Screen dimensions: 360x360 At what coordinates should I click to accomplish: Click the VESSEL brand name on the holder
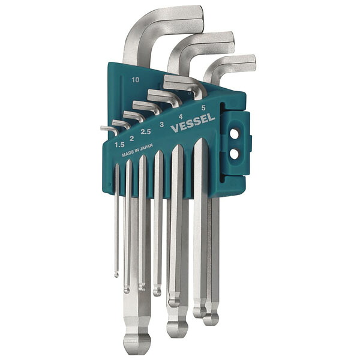(x=193, y=123)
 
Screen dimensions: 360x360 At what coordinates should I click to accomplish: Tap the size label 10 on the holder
(x=136, y=80)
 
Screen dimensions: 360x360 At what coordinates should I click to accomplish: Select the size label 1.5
(x=119, y=145)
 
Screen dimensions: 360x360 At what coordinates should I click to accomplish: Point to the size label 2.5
(x=146, y=131)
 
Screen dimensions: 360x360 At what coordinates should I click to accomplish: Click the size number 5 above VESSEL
(x=203, y=107)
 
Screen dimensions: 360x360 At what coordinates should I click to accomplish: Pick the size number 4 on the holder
(x=181, y=117)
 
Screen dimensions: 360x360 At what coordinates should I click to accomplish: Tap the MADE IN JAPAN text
(x=137, y=150)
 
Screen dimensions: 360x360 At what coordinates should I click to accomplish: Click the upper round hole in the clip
(x=235, y=134)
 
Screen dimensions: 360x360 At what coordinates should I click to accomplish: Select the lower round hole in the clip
(x=235, y=154)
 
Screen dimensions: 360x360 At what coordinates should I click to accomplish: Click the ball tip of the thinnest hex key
(x=116, y=275)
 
